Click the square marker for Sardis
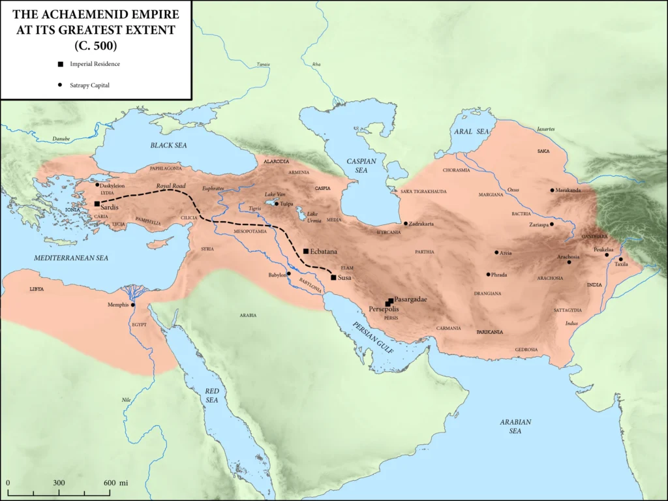point(97,204)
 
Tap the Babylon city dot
point(288,273)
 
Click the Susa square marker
point(333,277)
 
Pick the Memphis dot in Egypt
point(132,305)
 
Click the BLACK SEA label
point(168,145)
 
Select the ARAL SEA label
point(471,131)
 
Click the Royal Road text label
point(171,186)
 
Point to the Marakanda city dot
point(552,190)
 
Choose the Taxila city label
point(621,264)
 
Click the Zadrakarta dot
point(405,224)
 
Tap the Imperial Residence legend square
point(60,64)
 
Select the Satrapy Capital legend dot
point(60,85)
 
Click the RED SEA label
point(212,395)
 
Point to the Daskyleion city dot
point(97,185)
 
